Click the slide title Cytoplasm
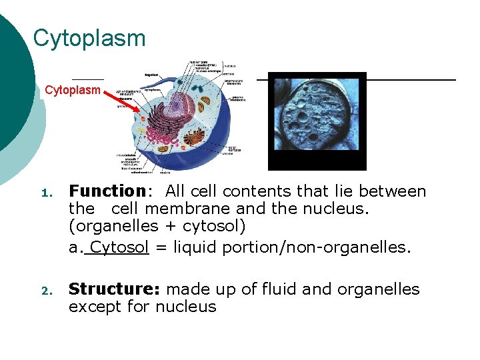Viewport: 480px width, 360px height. point(89,38)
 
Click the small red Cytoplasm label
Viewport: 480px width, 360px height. point(73,90)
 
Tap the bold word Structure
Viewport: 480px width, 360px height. point(112,289)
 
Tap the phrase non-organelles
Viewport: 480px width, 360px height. point(361,248)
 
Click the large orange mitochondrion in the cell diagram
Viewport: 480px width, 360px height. point(195,139)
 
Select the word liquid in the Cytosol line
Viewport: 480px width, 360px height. point(194,248)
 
